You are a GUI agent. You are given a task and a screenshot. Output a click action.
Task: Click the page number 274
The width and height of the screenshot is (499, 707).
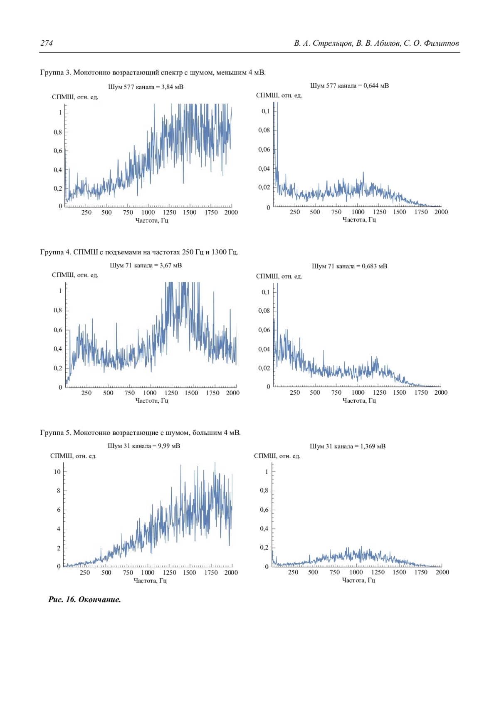click(x=47, y=43)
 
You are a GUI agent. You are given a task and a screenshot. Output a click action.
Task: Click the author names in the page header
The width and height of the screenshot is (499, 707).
click(x=376, y=43)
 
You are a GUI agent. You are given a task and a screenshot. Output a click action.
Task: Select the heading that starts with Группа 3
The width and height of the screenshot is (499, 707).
click(x=153, y=72)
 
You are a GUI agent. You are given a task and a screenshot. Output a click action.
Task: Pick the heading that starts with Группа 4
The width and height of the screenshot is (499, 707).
click(x=139, y=252)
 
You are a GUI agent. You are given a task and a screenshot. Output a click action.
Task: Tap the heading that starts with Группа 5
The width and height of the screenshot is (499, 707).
click(x=140, y=433)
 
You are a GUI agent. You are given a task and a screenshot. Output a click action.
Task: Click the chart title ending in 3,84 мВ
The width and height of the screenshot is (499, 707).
click(x=146, y=87)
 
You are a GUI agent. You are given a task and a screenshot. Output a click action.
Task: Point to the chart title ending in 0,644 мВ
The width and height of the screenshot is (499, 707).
click(x=349, y=86)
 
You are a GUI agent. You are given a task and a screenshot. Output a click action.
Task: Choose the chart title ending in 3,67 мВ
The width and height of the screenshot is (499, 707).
click(x=146, y=265)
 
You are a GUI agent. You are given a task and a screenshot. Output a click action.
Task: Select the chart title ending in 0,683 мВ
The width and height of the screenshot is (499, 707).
click(x=349, y=266)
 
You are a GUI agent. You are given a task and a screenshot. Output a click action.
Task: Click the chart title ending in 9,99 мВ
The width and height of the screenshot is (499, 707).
click(x=144, y=446)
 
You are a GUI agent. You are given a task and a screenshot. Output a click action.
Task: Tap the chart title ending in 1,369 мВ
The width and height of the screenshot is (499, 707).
click(x=348, y=446)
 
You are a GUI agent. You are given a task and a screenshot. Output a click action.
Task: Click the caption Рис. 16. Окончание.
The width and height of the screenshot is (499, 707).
click(x=84, y=600)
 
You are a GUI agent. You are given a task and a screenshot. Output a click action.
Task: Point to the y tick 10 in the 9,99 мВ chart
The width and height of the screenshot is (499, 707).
click(x=57, y=472)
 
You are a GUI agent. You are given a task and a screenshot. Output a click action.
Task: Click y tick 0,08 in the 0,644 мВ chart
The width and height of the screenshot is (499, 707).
click(x=264, y=130)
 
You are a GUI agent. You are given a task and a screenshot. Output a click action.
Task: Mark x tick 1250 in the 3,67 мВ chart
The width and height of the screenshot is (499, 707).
click(x=171, y=393)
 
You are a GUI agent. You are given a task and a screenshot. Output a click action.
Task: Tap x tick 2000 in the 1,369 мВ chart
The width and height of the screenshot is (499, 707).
click(x=442, y=572)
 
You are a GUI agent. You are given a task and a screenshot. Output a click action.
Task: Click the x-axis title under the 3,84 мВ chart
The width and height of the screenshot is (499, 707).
click(x=152, y=220)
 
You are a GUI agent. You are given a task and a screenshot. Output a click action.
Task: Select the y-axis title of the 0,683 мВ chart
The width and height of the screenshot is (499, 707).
click(x=279, y=276)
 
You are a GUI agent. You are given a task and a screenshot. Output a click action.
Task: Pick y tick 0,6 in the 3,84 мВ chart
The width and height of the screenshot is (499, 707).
click(x=58, y=151)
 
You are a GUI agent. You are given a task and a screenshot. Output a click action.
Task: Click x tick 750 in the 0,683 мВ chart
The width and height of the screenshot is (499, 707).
click(x=336, y=392)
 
